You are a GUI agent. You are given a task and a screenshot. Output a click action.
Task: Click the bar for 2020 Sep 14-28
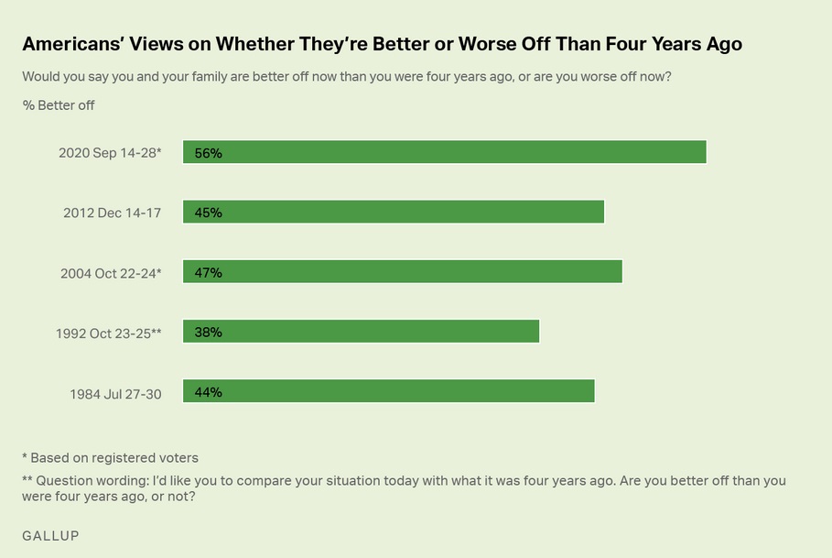(445, 152)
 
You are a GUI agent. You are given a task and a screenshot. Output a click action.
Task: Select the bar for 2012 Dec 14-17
(394, 212)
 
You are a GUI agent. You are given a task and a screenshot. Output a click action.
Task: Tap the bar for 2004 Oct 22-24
(403, 272)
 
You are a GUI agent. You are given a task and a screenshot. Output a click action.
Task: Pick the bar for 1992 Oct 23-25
(362, 332)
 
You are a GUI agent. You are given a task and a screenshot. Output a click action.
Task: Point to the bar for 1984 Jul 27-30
(389, 391)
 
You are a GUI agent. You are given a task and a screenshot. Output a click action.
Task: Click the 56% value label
(208, 153)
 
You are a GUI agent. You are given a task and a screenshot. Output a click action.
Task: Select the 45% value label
(208, 213)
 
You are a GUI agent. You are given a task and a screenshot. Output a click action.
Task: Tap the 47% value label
(208, 273)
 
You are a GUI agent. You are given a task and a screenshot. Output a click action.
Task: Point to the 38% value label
(208, 333)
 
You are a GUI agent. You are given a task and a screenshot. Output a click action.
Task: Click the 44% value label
(208, 392)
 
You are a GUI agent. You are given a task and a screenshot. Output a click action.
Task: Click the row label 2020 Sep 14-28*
(110, 153)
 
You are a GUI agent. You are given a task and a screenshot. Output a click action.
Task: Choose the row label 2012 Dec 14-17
(112, 213)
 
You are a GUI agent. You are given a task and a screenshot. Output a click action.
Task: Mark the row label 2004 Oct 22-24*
(111, 273)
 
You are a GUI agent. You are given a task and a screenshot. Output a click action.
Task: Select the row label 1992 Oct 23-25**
(108, 333)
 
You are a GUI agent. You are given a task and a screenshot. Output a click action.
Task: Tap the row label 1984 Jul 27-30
(115, 394)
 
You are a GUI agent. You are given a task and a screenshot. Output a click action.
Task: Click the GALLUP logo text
(50, 536)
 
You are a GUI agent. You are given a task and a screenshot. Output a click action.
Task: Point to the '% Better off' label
(59, 105)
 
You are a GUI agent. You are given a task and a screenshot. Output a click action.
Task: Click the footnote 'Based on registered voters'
(114, 457)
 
